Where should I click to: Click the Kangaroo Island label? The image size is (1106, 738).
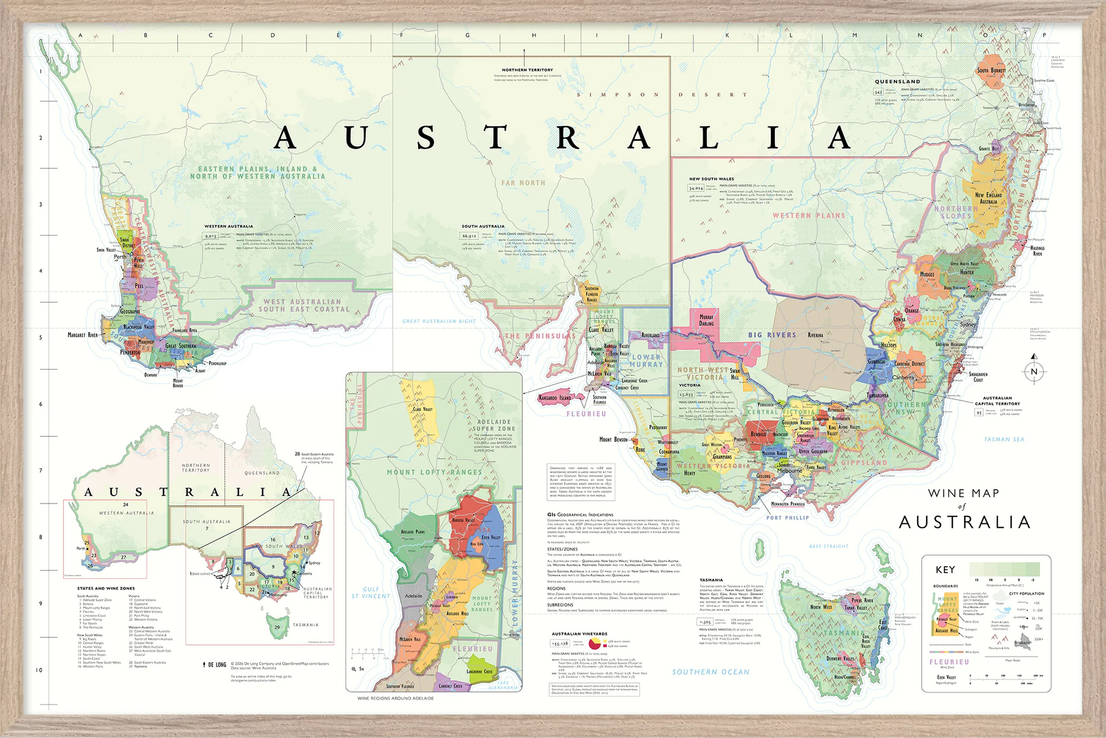[x=555, y=398]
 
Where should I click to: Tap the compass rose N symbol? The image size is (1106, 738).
[x=1034, y=371]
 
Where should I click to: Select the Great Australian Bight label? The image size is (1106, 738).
[x=439, y=321]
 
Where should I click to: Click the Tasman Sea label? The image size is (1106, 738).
[x=1004, y=439]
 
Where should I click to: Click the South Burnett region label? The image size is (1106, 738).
[x=992, y=71]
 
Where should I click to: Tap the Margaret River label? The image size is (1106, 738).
[x=82, y=335]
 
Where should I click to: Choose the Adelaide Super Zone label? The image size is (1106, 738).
[x=494, y=425]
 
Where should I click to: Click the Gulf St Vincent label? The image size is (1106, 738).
[x=371, y=593]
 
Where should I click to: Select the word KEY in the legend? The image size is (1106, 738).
[x=945, y=569]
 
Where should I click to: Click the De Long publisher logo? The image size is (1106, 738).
[x=215, y=664]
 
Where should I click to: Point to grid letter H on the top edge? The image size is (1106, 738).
[x=534, y=35]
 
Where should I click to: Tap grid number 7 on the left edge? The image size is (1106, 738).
[x=40, y=470]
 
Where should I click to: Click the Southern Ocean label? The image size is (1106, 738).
[x=711, y=672]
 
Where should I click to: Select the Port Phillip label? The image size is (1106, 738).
[x=787, y=518]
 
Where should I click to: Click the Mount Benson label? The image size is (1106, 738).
[x=613, y=439]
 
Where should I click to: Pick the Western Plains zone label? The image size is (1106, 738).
[x=808, y=216]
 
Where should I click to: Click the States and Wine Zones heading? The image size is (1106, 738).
[x=106, y=588]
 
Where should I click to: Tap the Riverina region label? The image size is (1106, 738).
[x=815, y=335]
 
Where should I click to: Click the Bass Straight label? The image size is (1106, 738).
[x=828, y=546]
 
